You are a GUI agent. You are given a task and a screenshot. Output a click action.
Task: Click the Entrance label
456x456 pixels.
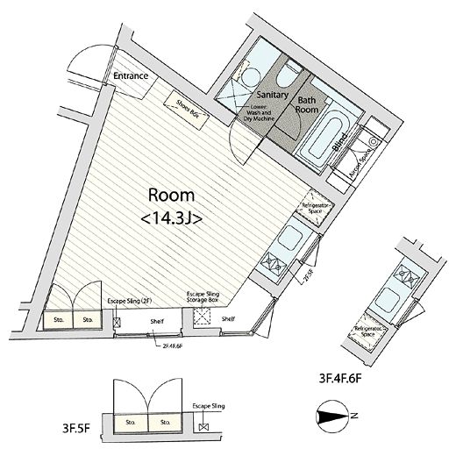(x=130, y=76)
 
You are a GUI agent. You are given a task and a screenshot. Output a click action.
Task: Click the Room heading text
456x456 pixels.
(x=165, y=196)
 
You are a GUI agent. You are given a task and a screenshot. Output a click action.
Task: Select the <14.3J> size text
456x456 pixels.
(x=172, y=219)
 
